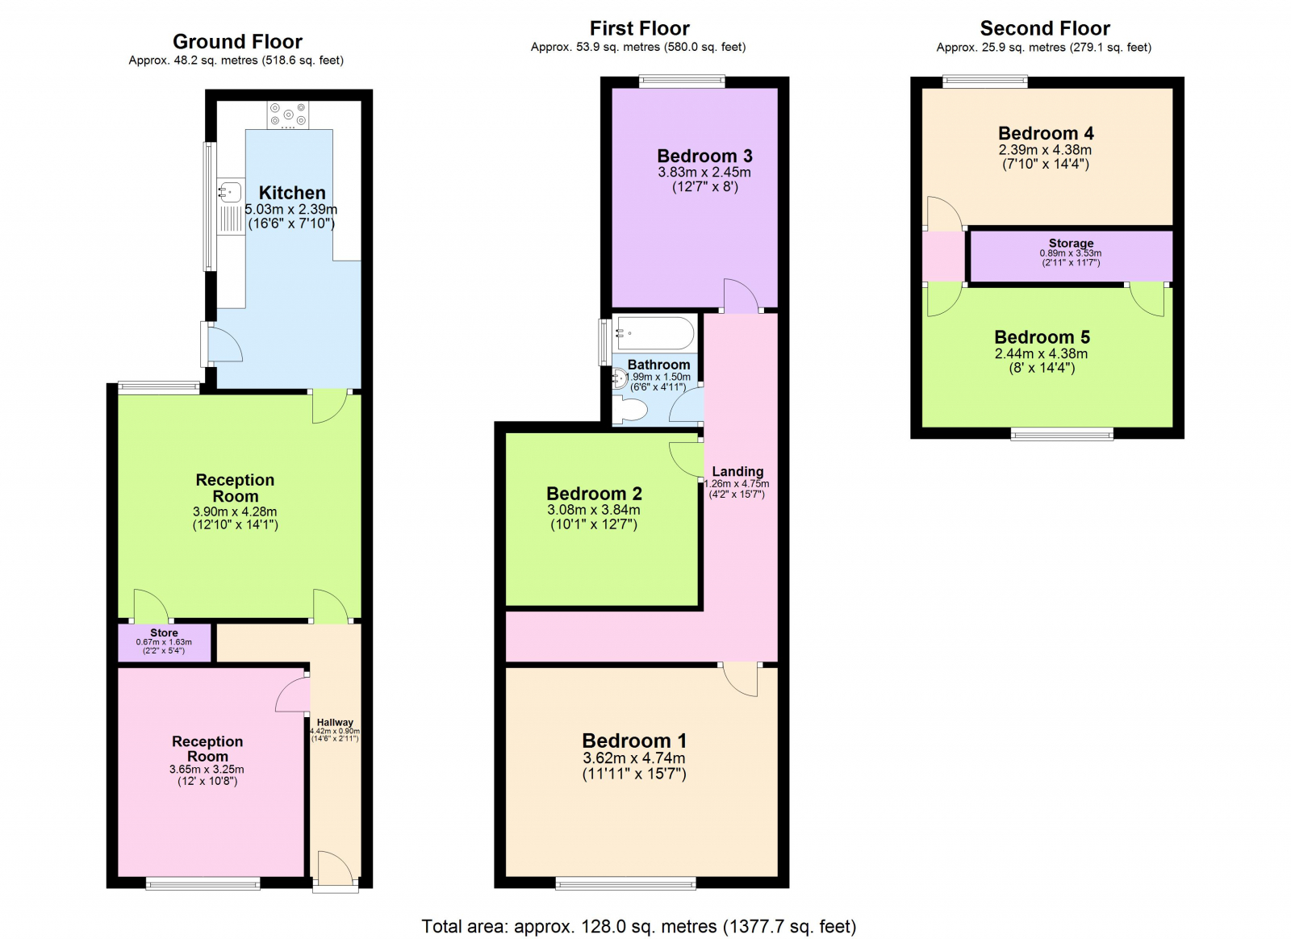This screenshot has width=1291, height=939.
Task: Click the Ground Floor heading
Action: pos(237,41)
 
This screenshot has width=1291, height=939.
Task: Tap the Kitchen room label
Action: pos(292,193)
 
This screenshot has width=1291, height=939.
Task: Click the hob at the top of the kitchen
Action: pos(288,115)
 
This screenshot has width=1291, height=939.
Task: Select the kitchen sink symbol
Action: pos(230,192)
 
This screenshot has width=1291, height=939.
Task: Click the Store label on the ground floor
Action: pos(164,632)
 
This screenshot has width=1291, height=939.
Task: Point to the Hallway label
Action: pos(335,722)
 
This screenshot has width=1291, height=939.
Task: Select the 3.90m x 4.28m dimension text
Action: pos(235,511)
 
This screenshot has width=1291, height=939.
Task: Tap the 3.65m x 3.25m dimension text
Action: pos(207,769)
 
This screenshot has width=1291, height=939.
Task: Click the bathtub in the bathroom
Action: pos(654,333)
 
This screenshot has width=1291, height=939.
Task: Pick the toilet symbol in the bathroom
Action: pos(630,411)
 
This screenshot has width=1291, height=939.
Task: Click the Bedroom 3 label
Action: pos(704,156)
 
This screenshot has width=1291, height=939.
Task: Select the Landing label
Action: pos(737,471)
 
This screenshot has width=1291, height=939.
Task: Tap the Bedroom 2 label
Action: pos(594,493)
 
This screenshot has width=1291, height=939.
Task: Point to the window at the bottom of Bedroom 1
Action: pos(625,883)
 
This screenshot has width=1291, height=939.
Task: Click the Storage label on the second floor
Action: pos(1071,243)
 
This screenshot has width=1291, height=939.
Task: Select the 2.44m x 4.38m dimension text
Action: pos(1041,353)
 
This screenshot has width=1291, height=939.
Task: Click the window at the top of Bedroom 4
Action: pos(984,81)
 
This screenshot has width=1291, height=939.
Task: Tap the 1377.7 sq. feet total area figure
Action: pos(789,926)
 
